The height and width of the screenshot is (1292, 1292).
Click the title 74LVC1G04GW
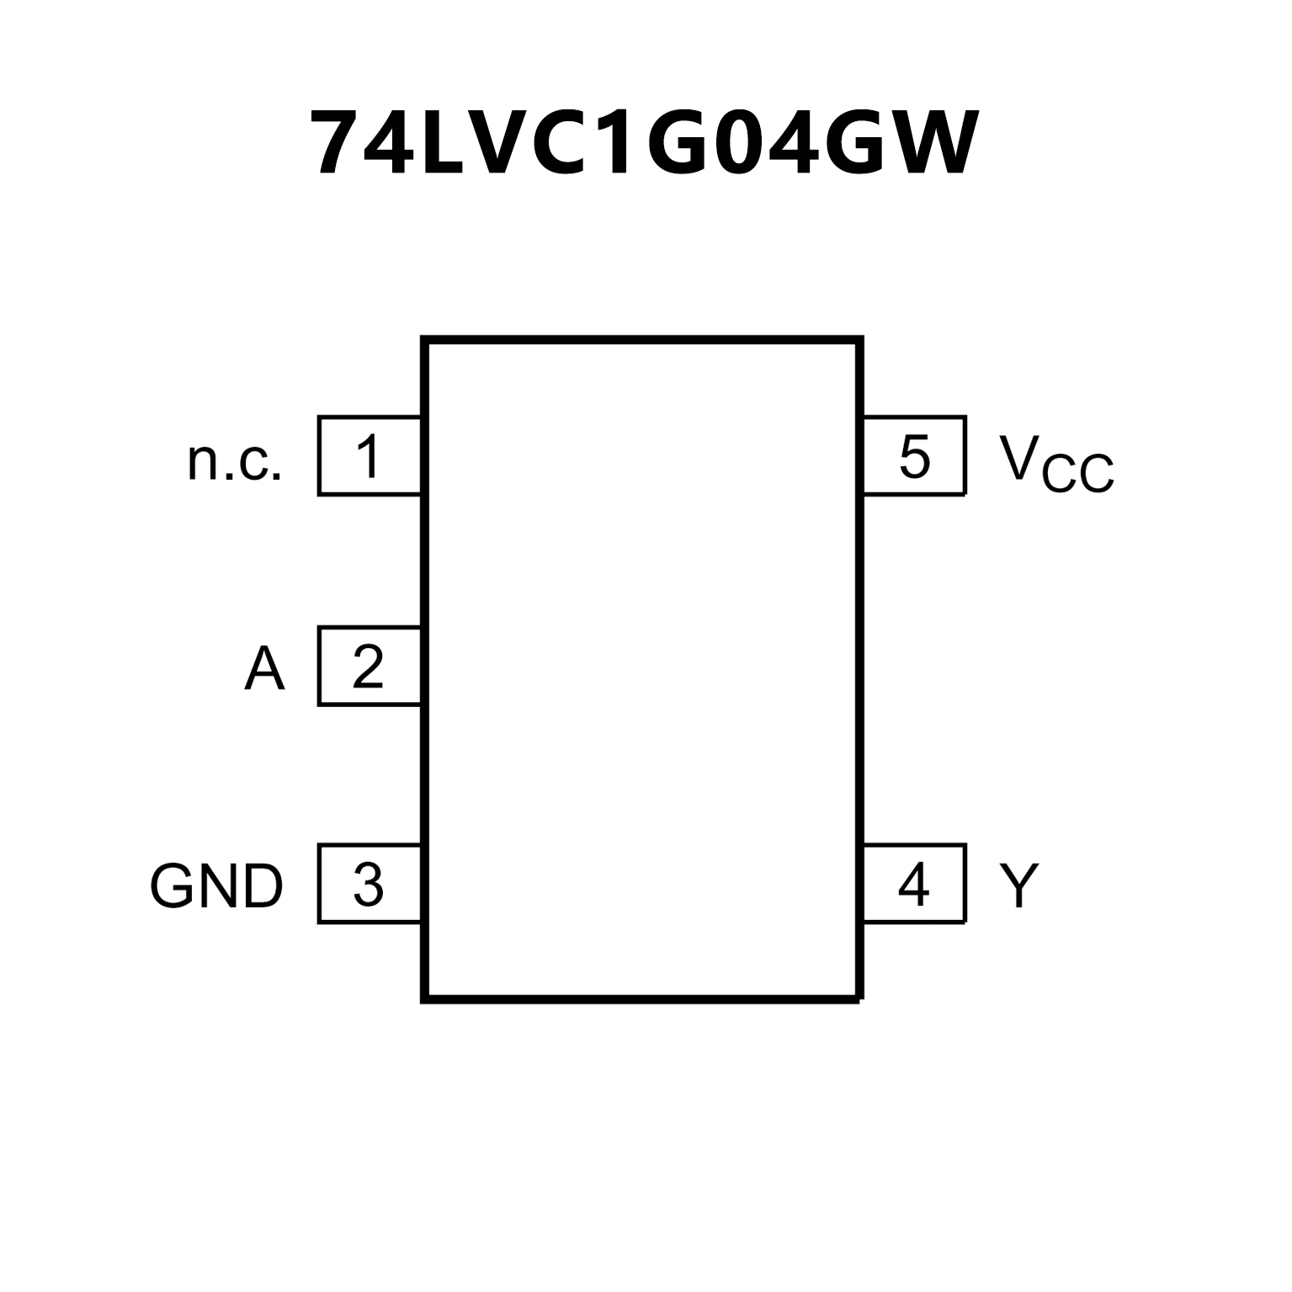pyautogui.click(x=644, y=143)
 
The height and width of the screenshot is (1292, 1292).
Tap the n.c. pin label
pyautogui.click(x=234, y=460)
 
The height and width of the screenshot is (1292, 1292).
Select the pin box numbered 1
pyautogui.click(x=370, y=455)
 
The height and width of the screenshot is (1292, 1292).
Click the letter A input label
pyautogui.click(x=264, y=669)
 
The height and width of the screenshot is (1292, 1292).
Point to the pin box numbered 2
pyautogui.click(x=370, y=666)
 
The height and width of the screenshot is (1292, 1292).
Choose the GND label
pyautogui.click(x=216, y=886)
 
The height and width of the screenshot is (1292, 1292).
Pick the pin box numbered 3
pyautogui.click(x=370, y=884)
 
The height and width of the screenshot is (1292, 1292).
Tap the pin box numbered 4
pyautogui.click(x=914, y=884)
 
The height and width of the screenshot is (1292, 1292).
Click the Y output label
pyautogui.click(x=1019, y=885)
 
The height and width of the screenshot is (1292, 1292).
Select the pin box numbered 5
pyautogui.click(x=914, y=455)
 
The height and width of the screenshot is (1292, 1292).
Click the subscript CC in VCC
pyautogui.click(x=1078, y=476)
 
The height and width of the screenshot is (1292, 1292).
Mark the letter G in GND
pyautogui.click(x=173, y=886)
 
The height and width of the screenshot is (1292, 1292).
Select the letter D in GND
pyautogui.click(x=261, y=886)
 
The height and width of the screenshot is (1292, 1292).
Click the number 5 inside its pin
pyautogui.click(x=914, y=456)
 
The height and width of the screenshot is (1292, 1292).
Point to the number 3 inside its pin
pyautogui.click(x=369, y=885)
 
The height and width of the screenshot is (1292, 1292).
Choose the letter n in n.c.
pyautogui.click(x=202, y=464)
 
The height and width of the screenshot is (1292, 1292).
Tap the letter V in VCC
pyautogui.click(x=1018, y=456)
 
